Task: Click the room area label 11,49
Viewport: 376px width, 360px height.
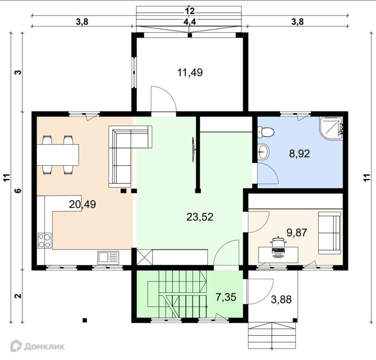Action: tap(190, 72)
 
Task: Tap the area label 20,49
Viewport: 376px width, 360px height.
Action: tap(82, 204)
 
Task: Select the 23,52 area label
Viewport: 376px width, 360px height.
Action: tap(200, 217)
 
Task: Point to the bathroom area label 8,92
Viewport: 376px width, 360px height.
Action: tap(299, 154)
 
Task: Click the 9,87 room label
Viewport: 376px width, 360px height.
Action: tap(297, 233)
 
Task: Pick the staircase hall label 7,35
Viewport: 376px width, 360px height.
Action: tap(226, 297)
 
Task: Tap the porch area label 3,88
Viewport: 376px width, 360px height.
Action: tap(281, 299)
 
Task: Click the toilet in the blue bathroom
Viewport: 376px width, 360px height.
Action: tap(266, 132)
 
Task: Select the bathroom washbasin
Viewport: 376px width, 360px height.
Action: tap(263, 152)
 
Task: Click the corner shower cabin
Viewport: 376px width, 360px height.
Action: tap(331, 128)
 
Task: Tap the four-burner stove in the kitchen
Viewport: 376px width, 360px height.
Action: tap(44, 241)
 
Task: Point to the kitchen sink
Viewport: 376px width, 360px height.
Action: tap(108, 258)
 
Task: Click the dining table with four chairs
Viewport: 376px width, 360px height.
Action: tap(58, 155)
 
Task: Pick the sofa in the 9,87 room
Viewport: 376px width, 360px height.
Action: tap(329, 233)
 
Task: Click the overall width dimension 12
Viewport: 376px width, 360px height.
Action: tap(190, 11)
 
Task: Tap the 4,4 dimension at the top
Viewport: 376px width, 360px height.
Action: tap(190, 22)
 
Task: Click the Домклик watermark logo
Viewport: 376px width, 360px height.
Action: tap(37, 346)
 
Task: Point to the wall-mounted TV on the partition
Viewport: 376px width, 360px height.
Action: tap(193, 150)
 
